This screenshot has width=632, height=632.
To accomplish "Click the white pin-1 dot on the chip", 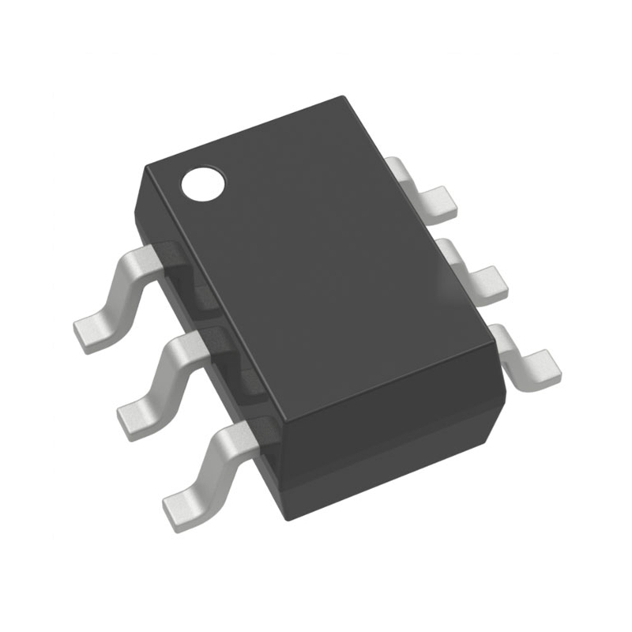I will tap(203, 183).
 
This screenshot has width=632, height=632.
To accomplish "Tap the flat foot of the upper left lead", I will tap(92, 332).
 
